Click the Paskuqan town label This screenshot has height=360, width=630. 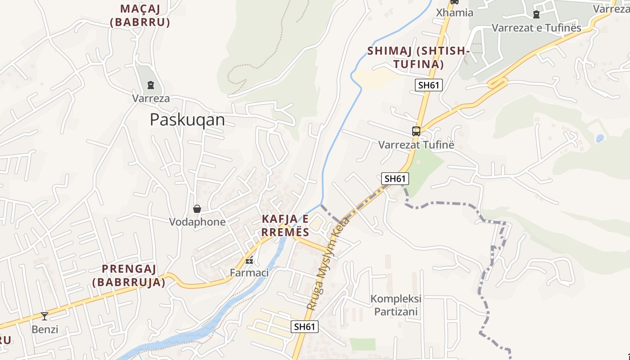tap(187, 120)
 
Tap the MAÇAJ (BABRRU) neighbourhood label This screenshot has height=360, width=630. tap(140, 15)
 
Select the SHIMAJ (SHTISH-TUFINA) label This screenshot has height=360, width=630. tap(418, 58)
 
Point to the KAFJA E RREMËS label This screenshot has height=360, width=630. tap(286, 225)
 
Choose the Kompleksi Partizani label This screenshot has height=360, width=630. tap(396, 305)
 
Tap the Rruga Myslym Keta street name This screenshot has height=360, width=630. tap(328, 264)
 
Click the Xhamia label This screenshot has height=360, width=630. tap(454, 13)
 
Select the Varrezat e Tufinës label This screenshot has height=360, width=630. tap(536, 27)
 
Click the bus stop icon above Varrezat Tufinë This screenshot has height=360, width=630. tap(416, 131)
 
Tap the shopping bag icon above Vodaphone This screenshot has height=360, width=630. tap(197, 209)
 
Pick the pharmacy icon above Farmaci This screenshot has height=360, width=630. tap(249, 260)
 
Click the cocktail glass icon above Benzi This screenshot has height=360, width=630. tap(45, 316)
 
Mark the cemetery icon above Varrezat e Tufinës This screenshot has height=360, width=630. tap(536, 14)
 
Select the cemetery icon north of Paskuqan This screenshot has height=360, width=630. tap(151, 85)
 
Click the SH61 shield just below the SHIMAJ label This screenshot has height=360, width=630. tap(429, 85)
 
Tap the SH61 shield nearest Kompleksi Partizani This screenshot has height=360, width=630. tap(305, 327)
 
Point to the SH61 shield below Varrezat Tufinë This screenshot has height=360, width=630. tap(395, 179)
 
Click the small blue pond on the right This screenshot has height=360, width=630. tap(600, 138)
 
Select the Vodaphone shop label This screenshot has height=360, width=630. tap(197, 222)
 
